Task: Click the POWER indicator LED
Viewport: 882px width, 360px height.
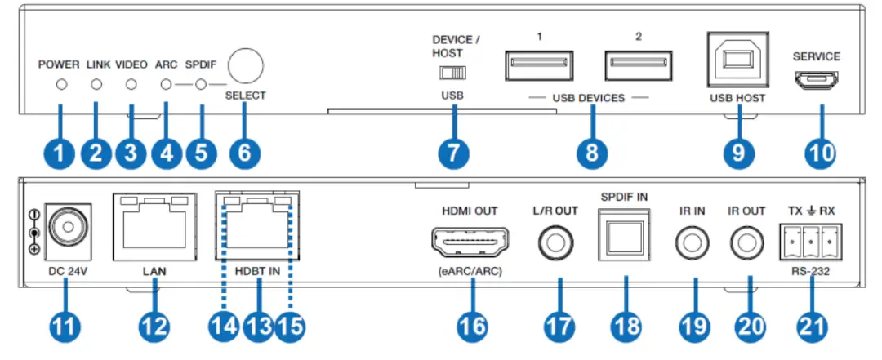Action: click(60, 84)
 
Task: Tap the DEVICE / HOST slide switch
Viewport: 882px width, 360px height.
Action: click(451, 73)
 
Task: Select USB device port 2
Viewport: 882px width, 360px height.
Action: click(638, 64)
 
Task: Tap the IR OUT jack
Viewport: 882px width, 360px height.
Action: click(746, 242)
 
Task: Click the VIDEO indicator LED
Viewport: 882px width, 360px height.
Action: click(131, 84)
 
